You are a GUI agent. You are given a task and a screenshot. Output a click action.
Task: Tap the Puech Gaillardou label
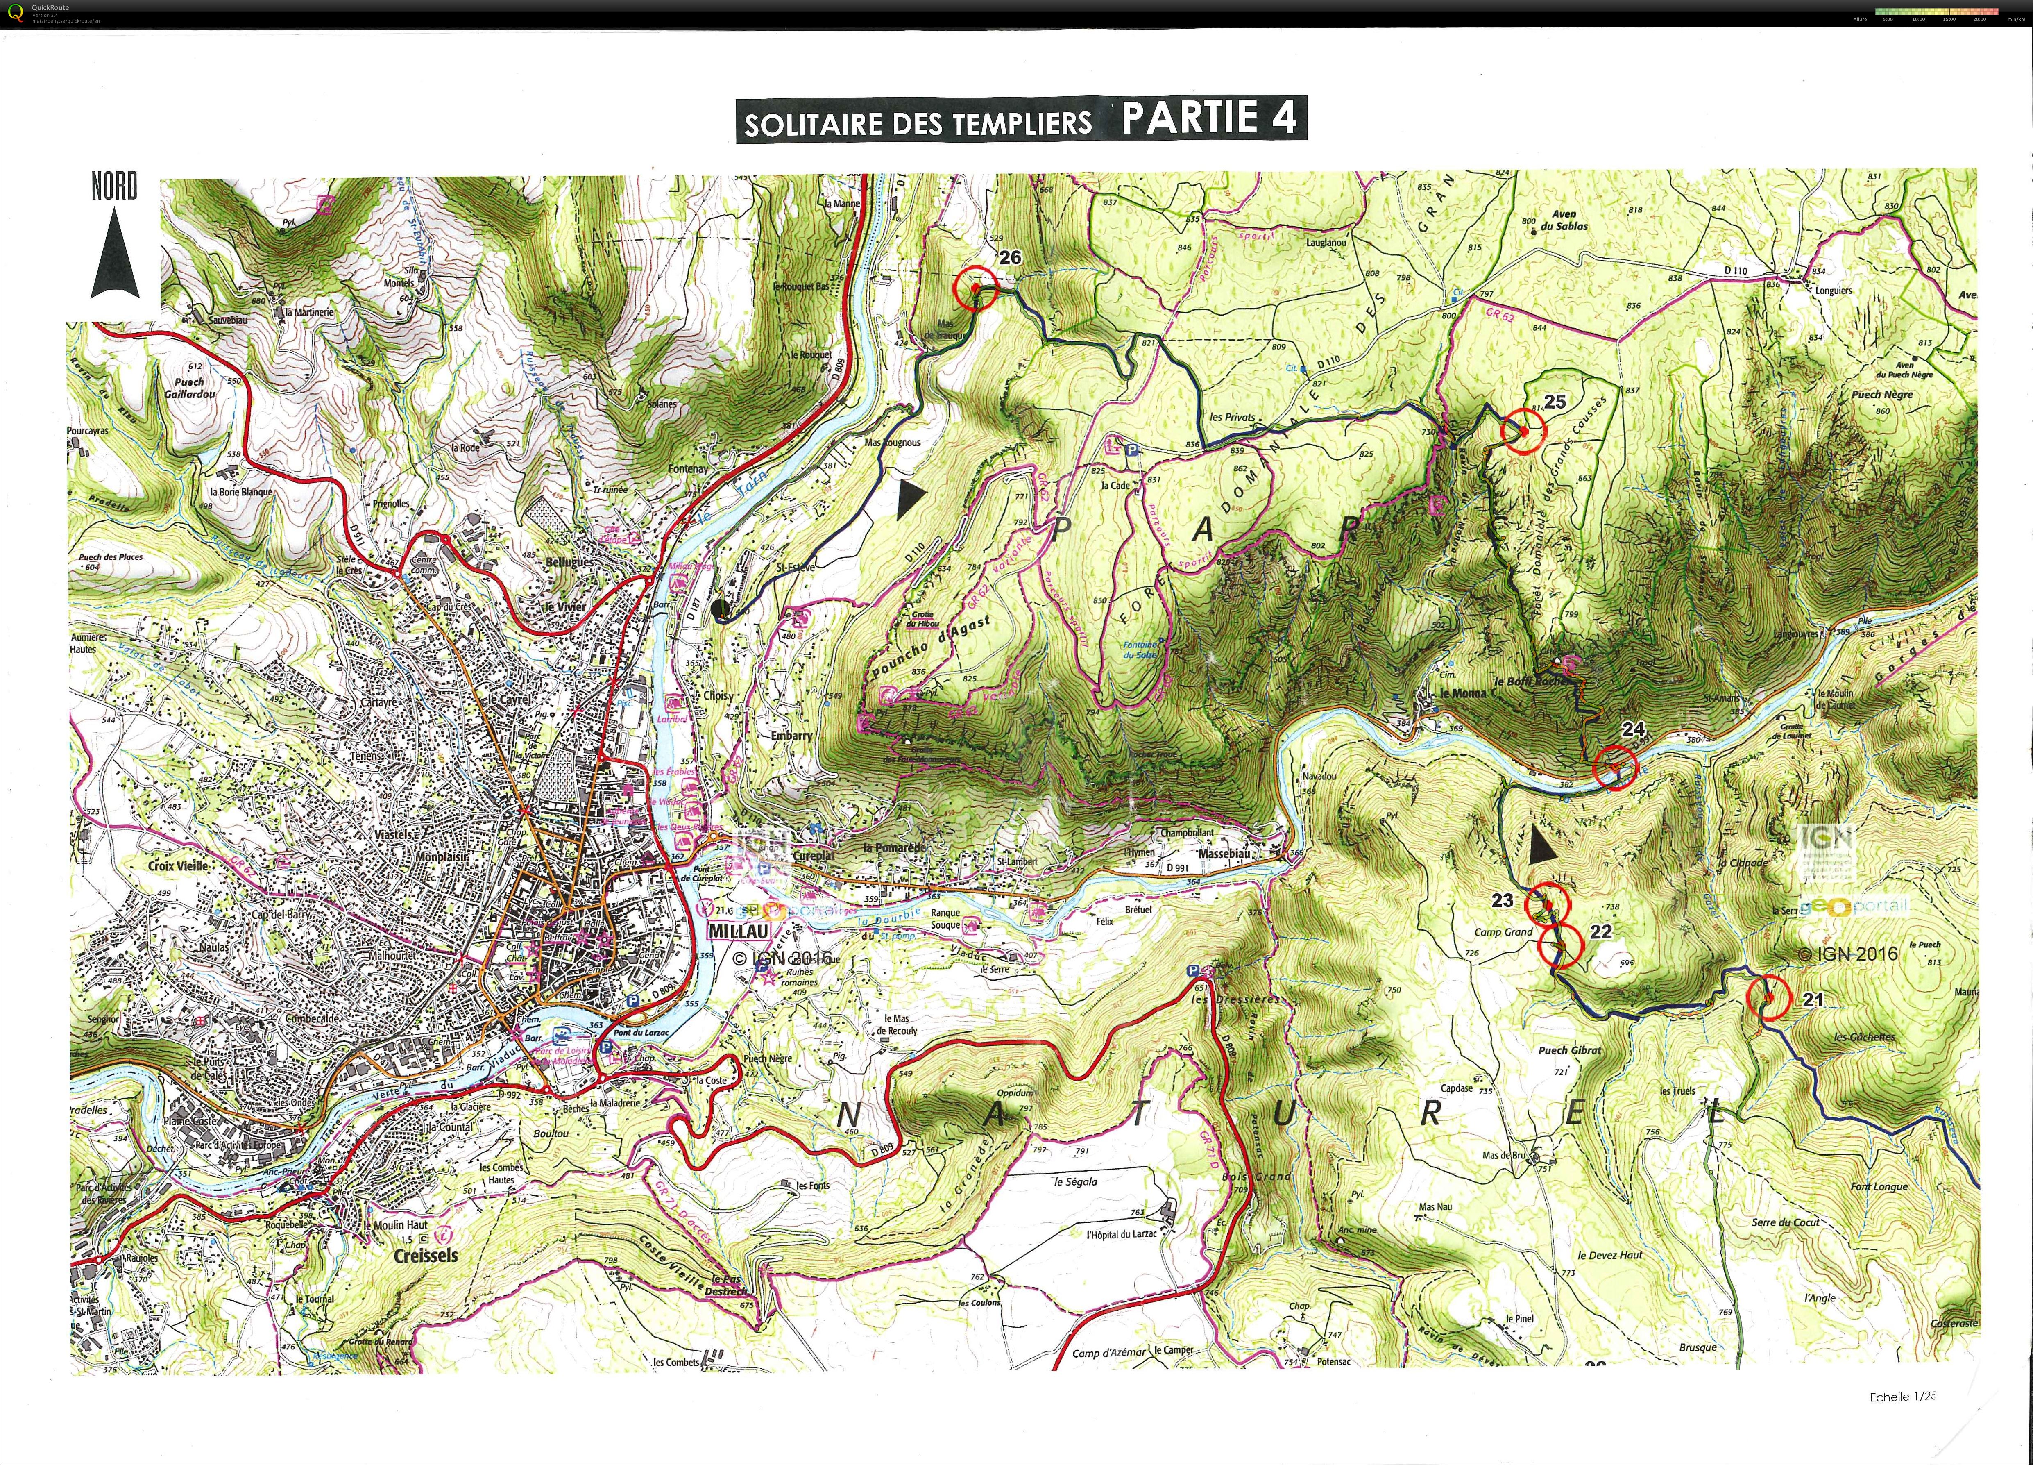click(x=189, y=387)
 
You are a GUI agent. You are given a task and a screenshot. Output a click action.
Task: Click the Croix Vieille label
click(x=178, y=866)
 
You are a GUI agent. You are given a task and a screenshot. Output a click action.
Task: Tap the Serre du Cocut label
click(x=1786, y=1222)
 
